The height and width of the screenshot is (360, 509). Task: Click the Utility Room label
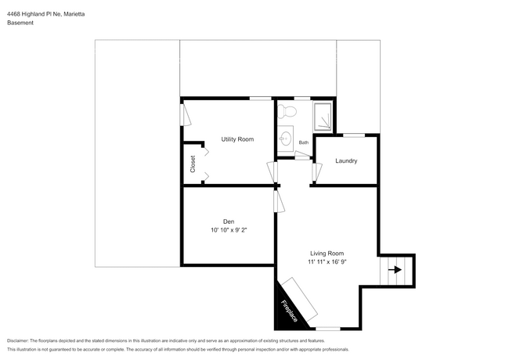click(237, 139)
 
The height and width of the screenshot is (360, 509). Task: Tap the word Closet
click(193, 164)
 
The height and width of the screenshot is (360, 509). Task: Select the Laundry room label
click(346, 161)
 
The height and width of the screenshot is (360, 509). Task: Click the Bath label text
click(304, 142)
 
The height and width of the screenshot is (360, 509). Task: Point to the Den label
click(228, 221)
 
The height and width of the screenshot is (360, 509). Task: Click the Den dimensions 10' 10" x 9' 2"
click(228, 231)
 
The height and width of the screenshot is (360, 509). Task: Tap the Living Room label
click(327, 253)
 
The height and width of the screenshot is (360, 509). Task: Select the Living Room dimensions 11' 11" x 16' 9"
click(327, 262)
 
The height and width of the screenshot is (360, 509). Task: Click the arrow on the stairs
click(395, 270)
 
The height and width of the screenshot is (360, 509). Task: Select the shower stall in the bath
click(321, 116)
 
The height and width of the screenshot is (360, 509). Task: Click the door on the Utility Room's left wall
click(185, 115)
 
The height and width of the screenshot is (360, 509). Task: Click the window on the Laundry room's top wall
click(354, 135)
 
